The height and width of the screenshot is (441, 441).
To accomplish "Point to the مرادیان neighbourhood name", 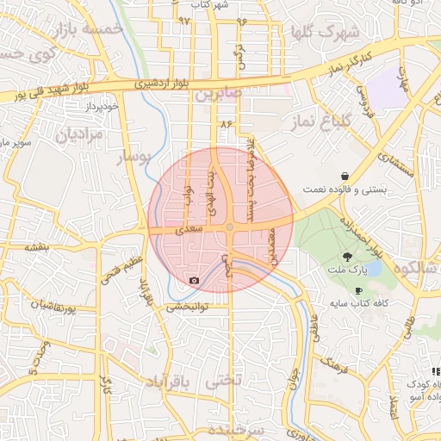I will tap(80, 134).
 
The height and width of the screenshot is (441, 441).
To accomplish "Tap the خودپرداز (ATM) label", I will tap(77, 106).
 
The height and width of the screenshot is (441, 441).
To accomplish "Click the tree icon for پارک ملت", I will tap(349, 257).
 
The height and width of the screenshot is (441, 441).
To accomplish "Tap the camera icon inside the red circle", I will tap(194, 281).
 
